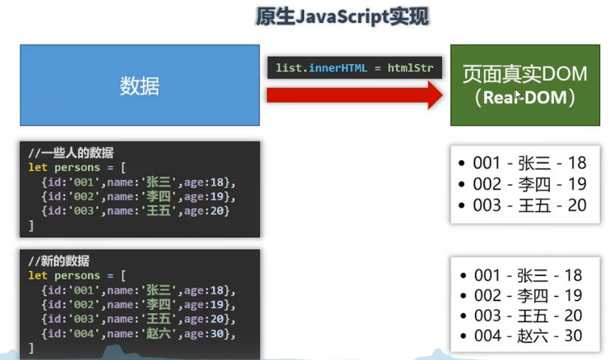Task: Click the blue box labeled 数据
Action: click(140, 85)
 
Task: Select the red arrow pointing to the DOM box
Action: click(354, 95)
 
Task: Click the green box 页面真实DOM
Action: click(524, 85)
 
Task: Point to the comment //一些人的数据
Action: click(71, 152)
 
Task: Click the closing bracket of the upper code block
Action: click(31, 224)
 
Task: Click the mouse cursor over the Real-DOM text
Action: click(518, 97)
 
